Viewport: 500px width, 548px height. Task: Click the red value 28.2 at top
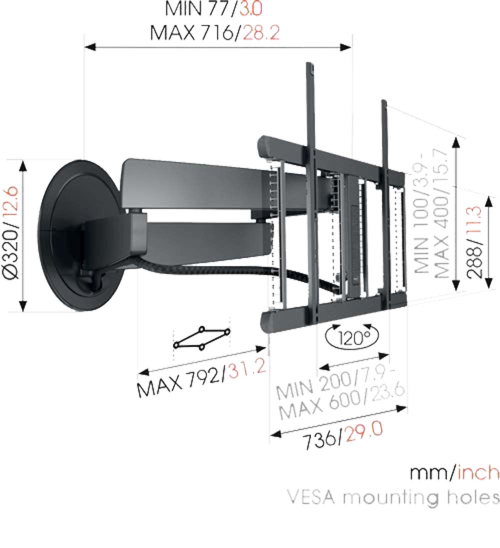pyautogui.click(x=261, y=33)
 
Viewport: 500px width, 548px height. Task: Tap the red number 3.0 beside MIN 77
pyautogui.click(x=250, y=8)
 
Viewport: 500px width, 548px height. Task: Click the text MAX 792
pyautogui.click(x=179, y=381)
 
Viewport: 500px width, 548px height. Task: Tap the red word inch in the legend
pyautogui.click(x=477, y=473)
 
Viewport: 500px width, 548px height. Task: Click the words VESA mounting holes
pyautogui.click(x=392, y=497)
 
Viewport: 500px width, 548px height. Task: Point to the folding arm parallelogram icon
pyautogui.click(x=202, y=338)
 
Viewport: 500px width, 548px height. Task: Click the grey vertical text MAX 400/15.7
pyautogui.click(x=442, y=213)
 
